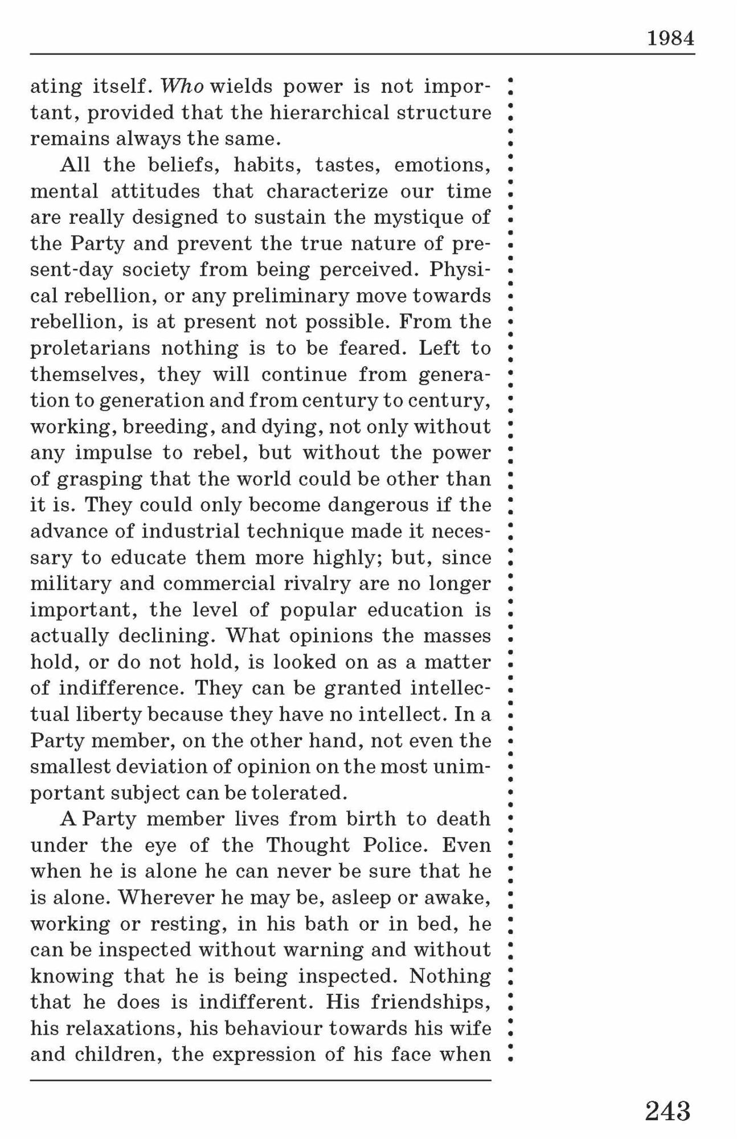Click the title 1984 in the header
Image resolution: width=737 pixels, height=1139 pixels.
click(670, 39)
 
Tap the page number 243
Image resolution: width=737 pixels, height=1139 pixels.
click(668, 1111)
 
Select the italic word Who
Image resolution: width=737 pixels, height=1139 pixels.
click(182, 87)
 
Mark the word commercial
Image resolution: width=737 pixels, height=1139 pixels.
click(219, 584)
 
